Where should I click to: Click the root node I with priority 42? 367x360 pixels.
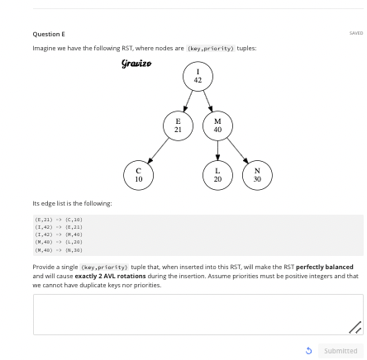pyautogui.click(x=197, y=77)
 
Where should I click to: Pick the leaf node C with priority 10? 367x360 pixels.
pyautogui.click(x=137, y=174)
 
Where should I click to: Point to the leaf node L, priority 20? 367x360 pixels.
pyautogui.click(x=217, y=174)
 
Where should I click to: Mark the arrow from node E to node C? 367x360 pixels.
pyautogui.click(x=157, y=149)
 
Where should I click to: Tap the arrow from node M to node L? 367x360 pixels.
pyautogui.click(x=217, y=149)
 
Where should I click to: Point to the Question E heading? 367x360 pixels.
pyautogui.click(x=43, y=33)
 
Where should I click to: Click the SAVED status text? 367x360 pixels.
pyautogui.click(x=355, y=33)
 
